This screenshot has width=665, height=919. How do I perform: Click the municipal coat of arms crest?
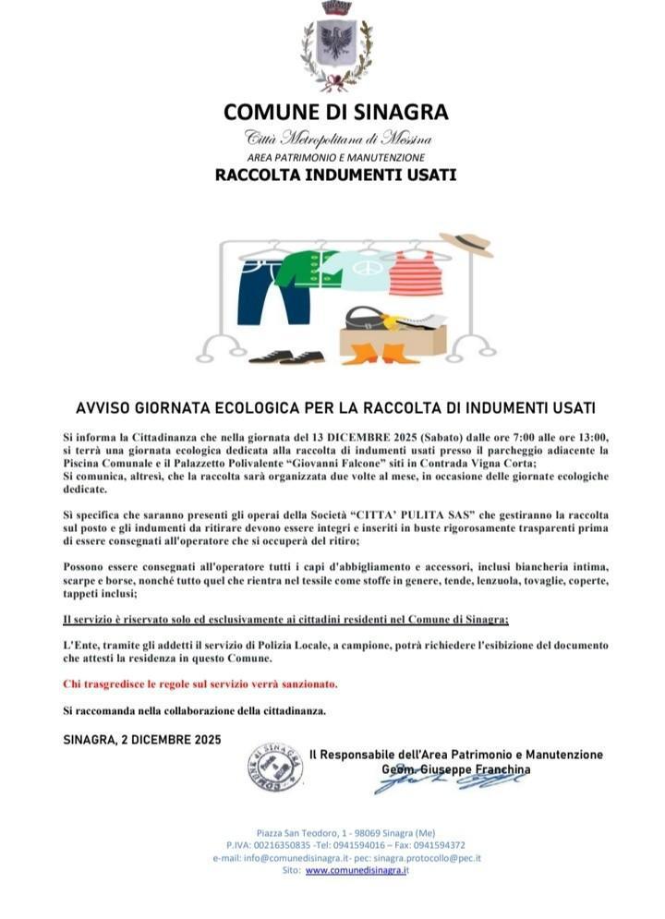click(x=336, y=45)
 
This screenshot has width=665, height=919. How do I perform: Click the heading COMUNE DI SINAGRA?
click(x=335, y=113)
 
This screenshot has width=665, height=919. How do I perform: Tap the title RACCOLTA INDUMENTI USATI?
click(x=335, y=174)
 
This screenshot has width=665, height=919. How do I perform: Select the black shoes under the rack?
click(x=286, y=356)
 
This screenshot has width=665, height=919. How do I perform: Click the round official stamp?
click(x=275, y=768)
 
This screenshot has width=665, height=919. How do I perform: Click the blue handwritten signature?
click(x=448, y=781)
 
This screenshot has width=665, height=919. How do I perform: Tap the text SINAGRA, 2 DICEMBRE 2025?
click(x=142, y=739)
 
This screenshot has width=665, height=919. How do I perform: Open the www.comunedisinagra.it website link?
click(x=357, y=870)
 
